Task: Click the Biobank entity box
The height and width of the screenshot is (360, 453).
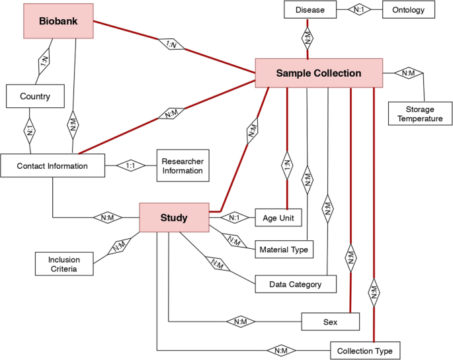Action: click(x=58, y=21)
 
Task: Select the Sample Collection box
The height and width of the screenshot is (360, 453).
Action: click(x=319, y=73)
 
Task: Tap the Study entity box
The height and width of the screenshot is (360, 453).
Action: click(x=174, y=218)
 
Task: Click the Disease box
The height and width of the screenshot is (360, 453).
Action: click(x=309, y=10)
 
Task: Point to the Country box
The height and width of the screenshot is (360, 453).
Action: click(x=35, y=97)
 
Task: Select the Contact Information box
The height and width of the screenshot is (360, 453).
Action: click(x=53, y=165)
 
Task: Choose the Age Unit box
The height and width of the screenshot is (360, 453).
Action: click(x=278, y=217)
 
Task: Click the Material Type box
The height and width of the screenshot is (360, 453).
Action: click(x=283, y=249)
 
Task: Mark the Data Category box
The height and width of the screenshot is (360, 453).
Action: click(x=296, y=285)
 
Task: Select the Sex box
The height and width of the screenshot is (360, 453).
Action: click(x=331, y=322)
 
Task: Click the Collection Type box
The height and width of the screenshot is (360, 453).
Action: click(x=365, y=350)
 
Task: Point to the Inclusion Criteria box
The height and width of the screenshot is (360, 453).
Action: click(x=63, y=264)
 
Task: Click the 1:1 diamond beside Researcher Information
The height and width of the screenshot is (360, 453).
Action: click(x=130, y=165)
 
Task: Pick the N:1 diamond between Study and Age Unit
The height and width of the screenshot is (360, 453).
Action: click(x=233, y=217)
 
